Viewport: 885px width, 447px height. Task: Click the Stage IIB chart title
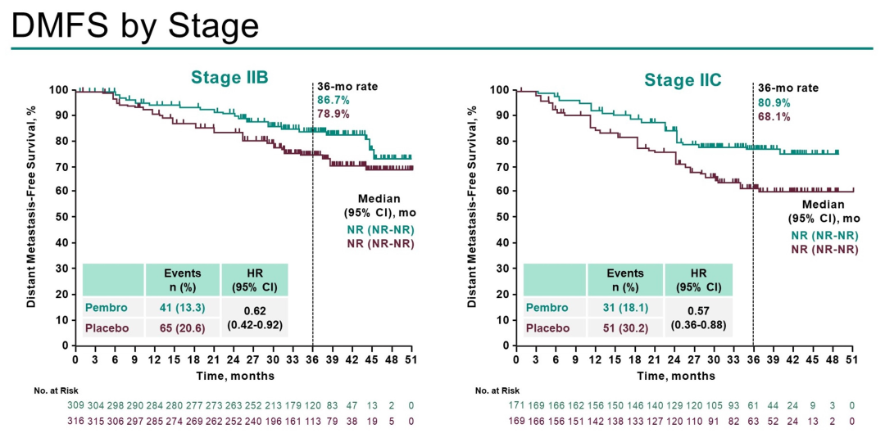230,78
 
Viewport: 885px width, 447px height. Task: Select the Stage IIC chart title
683,79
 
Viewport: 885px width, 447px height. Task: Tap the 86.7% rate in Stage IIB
334,101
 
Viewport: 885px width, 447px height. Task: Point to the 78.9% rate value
334,114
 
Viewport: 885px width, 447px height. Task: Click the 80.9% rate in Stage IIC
774,103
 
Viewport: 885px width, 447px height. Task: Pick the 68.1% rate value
774,116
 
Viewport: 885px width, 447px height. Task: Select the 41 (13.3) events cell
183,308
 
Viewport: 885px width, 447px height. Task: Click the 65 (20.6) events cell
183,328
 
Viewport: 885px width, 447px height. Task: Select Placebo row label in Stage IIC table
547,328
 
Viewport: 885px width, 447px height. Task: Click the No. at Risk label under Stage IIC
497,391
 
